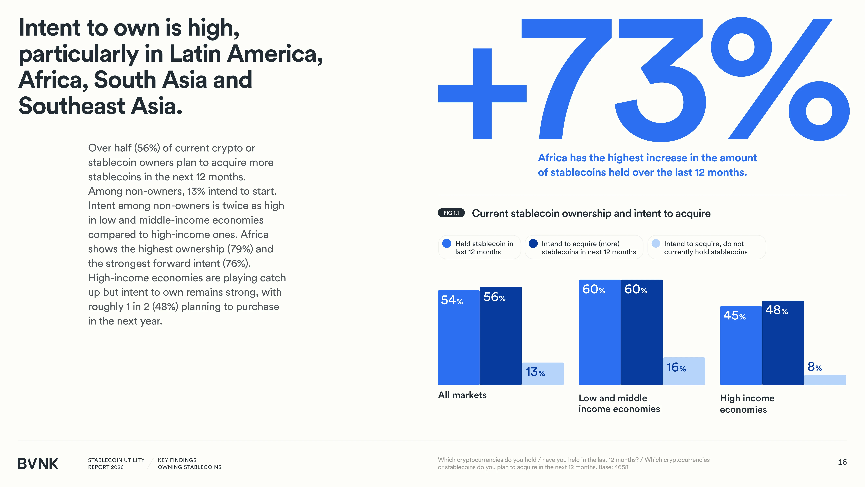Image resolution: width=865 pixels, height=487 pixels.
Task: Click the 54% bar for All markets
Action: (x=459, y=337)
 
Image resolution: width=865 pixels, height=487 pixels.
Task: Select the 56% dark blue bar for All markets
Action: (x=501, y=336)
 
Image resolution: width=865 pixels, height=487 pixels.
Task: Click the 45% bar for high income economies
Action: (x=741, y=345)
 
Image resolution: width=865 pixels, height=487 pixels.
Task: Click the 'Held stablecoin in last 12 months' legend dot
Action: (x=447, y=243)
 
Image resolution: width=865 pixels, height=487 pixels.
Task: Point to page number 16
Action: (x=842, y=462)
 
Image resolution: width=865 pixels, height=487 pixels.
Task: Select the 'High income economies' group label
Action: (x=747, y=404)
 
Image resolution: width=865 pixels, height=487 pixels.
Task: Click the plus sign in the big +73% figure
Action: (x=482, y=94)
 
